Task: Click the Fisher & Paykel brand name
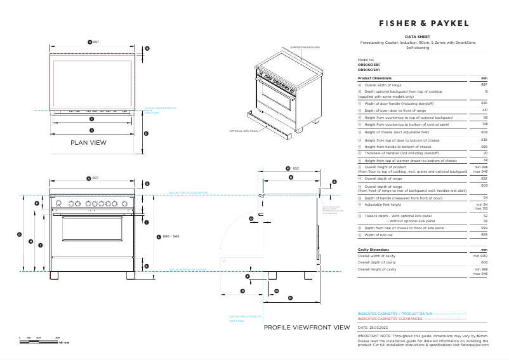tap(424, 23)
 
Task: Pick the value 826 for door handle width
tap(484, 103)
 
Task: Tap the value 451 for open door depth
tap(484, 110)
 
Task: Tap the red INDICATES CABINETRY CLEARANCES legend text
tap(390, 319)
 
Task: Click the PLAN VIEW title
tap(88, 143)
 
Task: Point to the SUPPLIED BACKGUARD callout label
tap(305, 48)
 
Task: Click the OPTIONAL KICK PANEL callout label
tap(244, 131)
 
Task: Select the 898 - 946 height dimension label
tap(172, 236)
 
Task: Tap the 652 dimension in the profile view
tap(296, 168)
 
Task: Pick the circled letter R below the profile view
tap(290, 298)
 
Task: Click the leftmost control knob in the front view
tap(59, 203)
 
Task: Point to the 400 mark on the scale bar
tap(57, 338)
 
